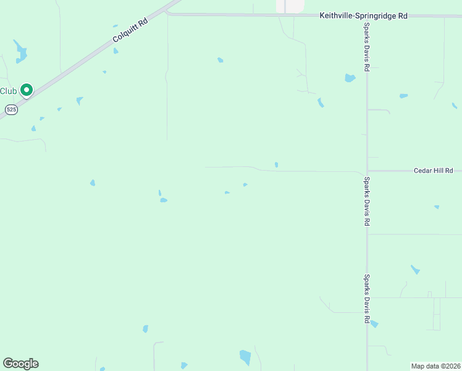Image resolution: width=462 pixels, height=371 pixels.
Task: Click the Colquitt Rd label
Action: point(131,30)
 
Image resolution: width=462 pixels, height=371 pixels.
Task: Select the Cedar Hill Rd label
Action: point(433,170)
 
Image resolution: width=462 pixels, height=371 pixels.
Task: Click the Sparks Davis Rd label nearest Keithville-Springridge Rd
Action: point(367,48)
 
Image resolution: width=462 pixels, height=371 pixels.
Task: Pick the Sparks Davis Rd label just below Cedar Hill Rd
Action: point(367,201)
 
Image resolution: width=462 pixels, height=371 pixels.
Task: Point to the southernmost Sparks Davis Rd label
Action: point(367,299)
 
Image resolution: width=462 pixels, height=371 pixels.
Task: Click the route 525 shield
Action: point(11,109)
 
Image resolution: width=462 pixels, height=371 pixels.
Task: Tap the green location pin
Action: point(27,90)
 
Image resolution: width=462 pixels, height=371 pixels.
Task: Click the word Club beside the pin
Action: point(8,91)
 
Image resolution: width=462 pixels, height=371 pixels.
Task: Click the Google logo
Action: point(20,364)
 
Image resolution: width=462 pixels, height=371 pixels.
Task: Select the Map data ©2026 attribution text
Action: point(435,366)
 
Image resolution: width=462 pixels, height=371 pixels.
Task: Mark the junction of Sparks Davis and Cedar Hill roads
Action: point(367,171)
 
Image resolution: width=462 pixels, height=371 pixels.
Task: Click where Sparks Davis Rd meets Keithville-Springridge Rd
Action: point(367,15)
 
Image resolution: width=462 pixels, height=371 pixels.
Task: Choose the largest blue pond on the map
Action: point(245,357)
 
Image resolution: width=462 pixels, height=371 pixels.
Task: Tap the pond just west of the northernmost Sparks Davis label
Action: point(350,79)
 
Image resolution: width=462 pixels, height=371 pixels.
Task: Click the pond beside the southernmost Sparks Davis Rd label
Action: point(374,323)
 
